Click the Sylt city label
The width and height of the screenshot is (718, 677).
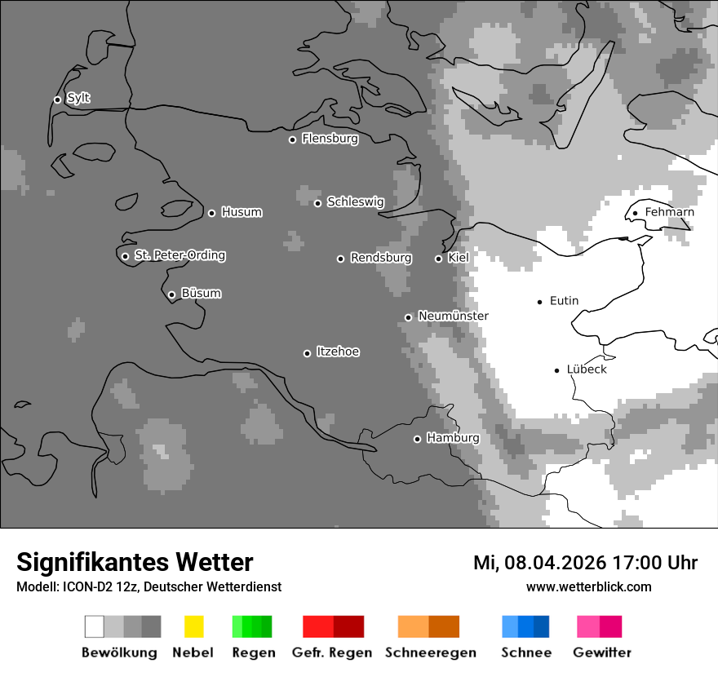click(x=78, y=99)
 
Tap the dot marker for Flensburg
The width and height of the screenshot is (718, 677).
click(x=292, y=139)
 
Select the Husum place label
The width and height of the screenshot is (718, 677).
click(x=242, y=212)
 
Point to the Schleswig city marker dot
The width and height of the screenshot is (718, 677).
click(x=317, y=203)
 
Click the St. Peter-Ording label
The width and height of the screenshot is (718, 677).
click(x=179, y=255)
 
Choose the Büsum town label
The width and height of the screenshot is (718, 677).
click(x=201, y=293)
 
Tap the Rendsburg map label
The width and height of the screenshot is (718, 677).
click(x=380, y=258)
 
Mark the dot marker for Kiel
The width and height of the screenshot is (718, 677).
click(x=438, y=259)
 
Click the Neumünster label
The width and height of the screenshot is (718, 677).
click(x=453, y=316)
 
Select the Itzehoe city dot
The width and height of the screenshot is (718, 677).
click(x=307, y=353)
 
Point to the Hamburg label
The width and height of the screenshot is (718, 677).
click(x=453, y=438)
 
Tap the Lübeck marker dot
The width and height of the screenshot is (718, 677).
click(x=556, y=370)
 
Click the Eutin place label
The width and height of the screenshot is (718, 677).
click(x=564, y=301)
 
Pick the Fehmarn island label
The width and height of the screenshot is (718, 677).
click(x=669, y=212)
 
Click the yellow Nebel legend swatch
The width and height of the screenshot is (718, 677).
click(x=193, y=626)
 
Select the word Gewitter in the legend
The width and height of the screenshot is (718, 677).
click(x=602, y=653)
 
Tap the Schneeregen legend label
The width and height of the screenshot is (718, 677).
click(x=430, y=653)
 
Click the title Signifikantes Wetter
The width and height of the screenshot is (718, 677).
click(x=135, y=563)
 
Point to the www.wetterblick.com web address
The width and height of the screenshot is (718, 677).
click(x=588, y=586)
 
